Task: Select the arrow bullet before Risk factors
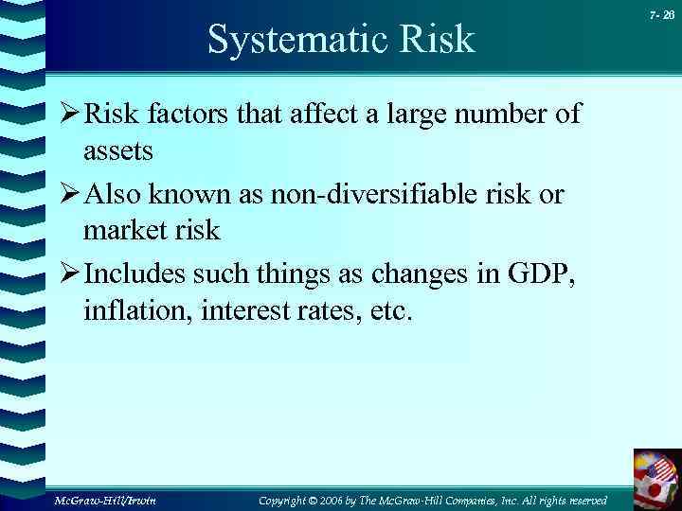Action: pyautogui.click(x=66, y=115)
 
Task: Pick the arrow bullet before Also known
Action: pyautogui.click(x=66, y=196)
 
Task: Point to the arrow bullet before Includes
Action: pyautogui.click(x=66, y=276)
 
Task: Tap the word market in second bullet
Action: pyautogui.click(x=122, y=230)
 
